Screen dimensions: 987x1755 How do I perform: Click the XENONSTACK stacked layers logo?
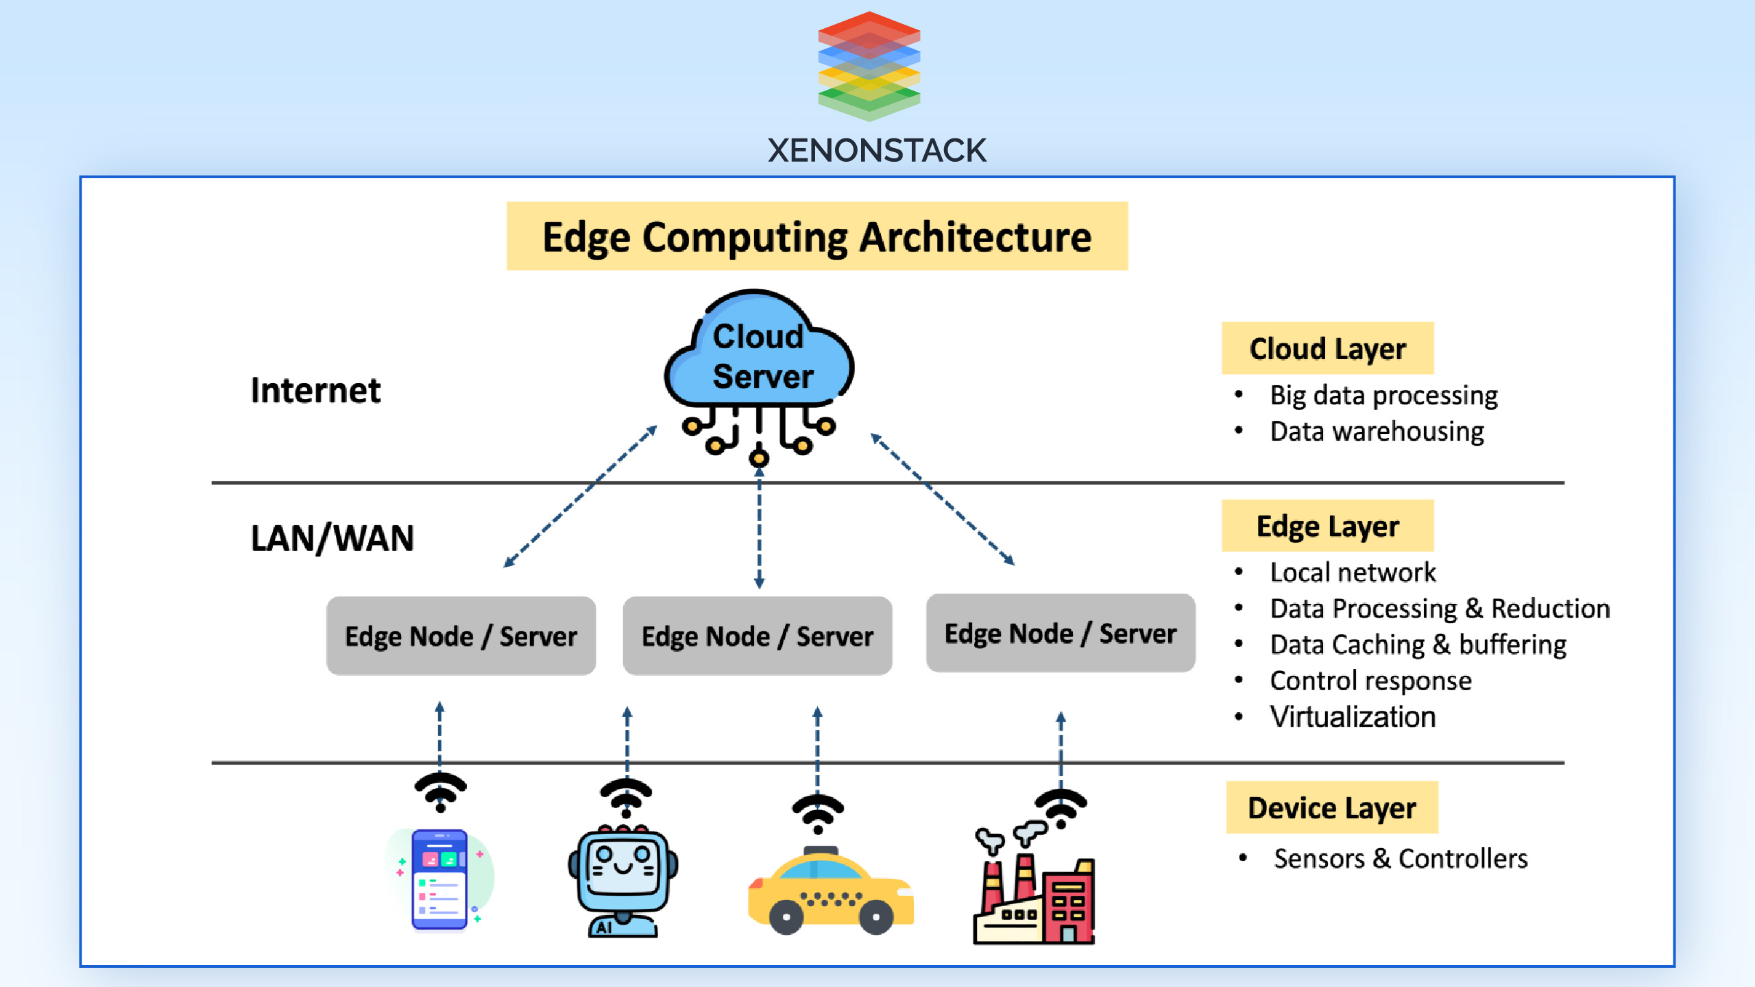point(869,66)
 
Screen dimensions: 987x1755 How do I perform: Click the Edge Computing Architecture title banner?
point(816,236)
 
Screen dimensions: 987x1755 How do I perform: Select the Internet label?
point(315,391)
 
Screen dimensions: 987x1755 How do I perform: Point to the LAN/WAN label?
point(332,538)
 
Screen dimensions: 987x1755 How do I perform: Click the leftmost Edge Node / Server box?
point(461,636)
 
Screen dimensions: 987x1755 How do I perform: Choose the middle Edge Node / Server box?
point(757,636)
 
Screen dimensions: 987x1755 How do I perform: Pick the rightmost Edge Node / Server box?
point(1060,633)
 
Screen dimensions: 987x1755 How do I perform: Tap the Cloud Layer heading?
point(1327,348)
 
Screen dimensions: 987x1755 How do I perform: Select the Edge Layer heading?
point(1327,526)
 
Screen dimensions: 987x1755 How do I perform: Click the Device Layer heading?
point(1331,807)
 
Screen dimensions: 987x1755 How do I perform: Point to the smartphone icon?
point(439,880)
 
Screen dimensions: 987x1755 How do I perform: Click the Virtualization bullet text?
point(1352,717)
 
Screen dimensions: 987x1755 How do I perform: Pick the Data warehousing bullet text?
point(1377,432)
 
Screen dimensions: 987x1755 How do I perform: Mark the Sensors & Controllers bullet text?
point(1401,859)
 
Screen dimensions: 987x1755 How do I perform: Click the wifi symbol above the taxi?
point(817,813)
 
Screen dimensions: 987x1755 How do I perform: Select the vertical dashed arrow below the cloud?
point(759,528)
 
